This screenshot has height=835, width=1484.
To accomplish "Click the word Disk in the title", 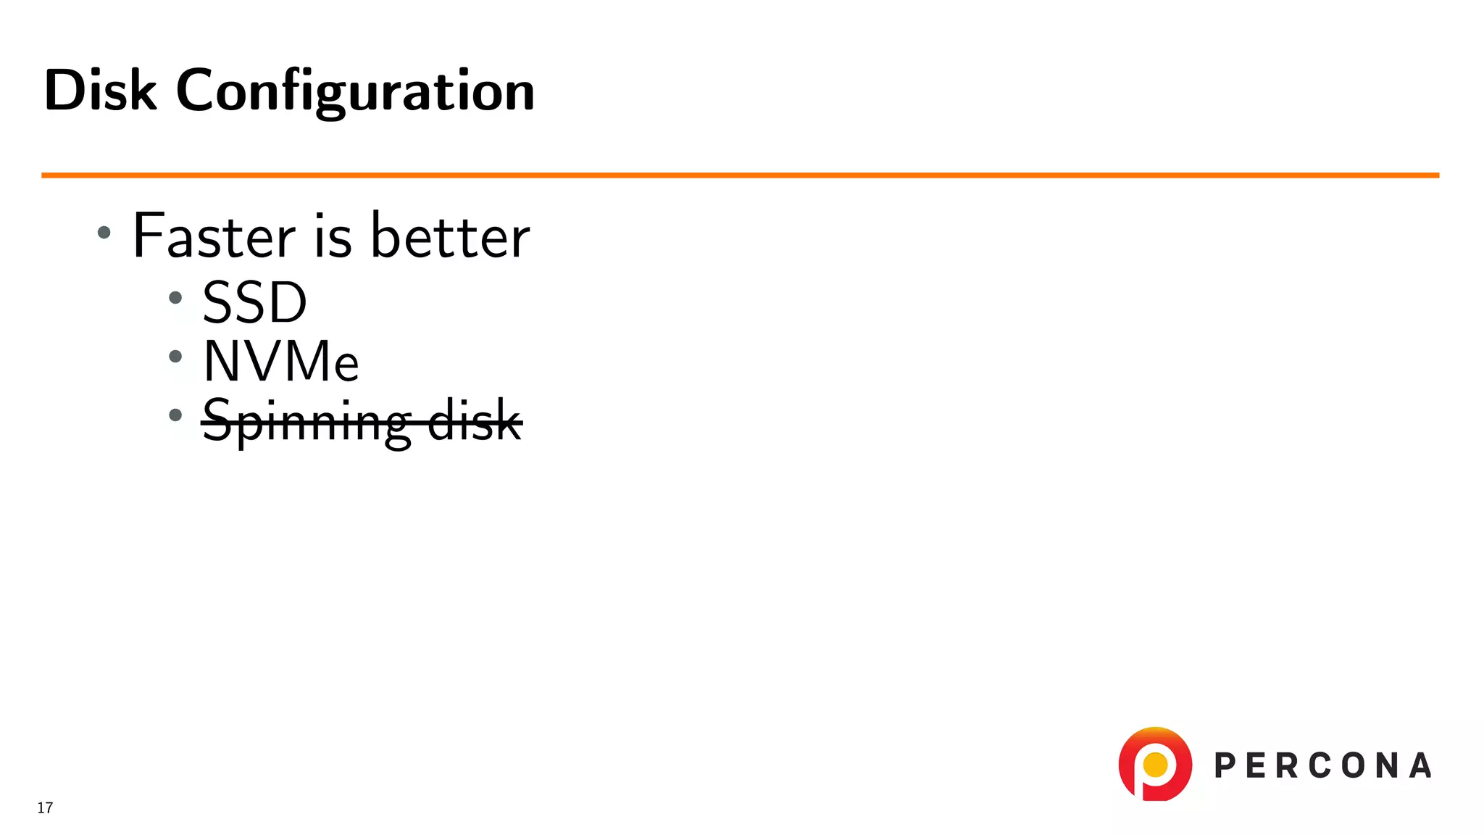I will click(x=100, y=91).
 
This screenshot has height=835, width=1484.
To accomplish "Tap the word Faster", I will click(x=214, y=236).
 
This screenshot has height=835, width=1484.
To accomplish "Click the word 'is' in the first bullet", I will click(x=333, y=236).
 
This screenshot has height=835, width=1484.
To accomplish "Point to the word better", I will click(x=450, y=236).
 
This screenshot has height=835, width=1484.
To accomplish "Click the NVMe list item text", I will click(x=281, y=361).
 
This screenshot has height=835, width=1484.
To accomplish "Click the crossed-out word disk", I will click(x=475, y=420).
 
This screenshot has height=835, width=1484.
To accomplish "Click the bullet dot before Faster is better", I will click(x=104, y=233).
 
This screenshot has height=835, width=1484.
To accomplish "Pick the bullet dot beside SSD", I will click(x=175, y=297).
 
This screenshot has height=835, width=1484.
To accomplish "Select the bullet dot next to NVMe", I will click(x=175, y=356).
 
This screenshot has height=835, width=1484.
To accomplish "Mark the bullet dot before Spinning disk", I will click(x=175, y=415).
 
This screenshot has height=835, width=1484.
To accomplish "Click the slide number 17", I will click(x=45, y=807).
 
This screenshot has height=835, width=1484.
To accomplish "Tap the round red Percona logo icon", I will click(x=1155, y=764).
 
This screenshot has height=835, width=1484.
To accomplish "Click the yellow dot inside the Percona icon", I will click(x=1155, y=764).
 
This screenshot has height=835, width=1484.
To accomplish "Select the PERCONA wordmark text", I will click(x=1322, y=766).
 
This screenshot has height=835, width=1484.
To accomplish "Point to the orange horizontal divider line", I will click(x=740, y=175).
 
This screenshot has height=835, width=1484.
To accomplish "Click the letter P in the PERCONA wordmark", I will click(x=1225, y=766).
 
